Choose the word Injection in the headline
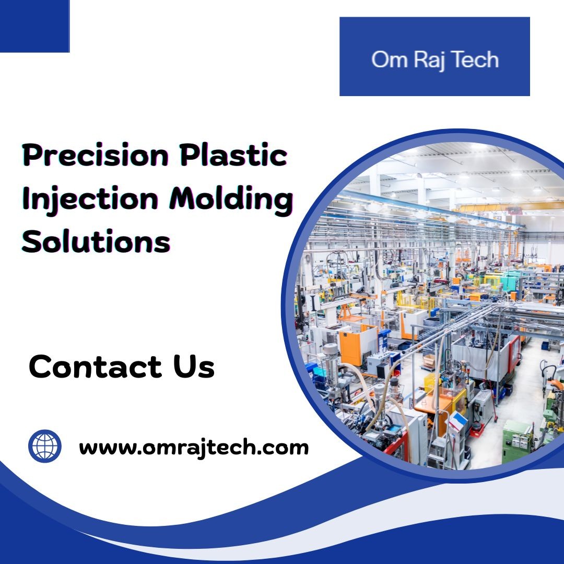(x=90, y=199)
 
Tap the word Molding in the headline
(x=231, y=199)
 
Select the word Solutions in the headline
(x=96, y=241)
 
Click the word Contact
(x=96, y=367)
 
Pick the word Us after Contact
(x=194, y=367)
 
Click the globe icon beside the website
(x=45, y=446)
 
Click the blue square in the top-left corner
(x=34, y=26)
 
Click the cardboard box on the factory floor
(x=429, y=361)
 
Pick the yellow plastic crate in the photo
(x=430, y=382)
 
